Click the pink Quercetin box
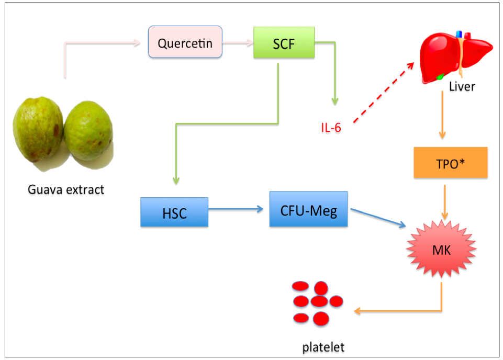(185, 42)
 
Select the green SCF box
(284, 42)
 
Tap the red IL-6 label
(331, 127)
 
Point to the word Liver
(462, 86)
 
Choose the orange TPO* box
(450, 162)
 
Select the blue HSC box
(174, 212)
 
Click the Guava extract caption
(66, 189)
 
